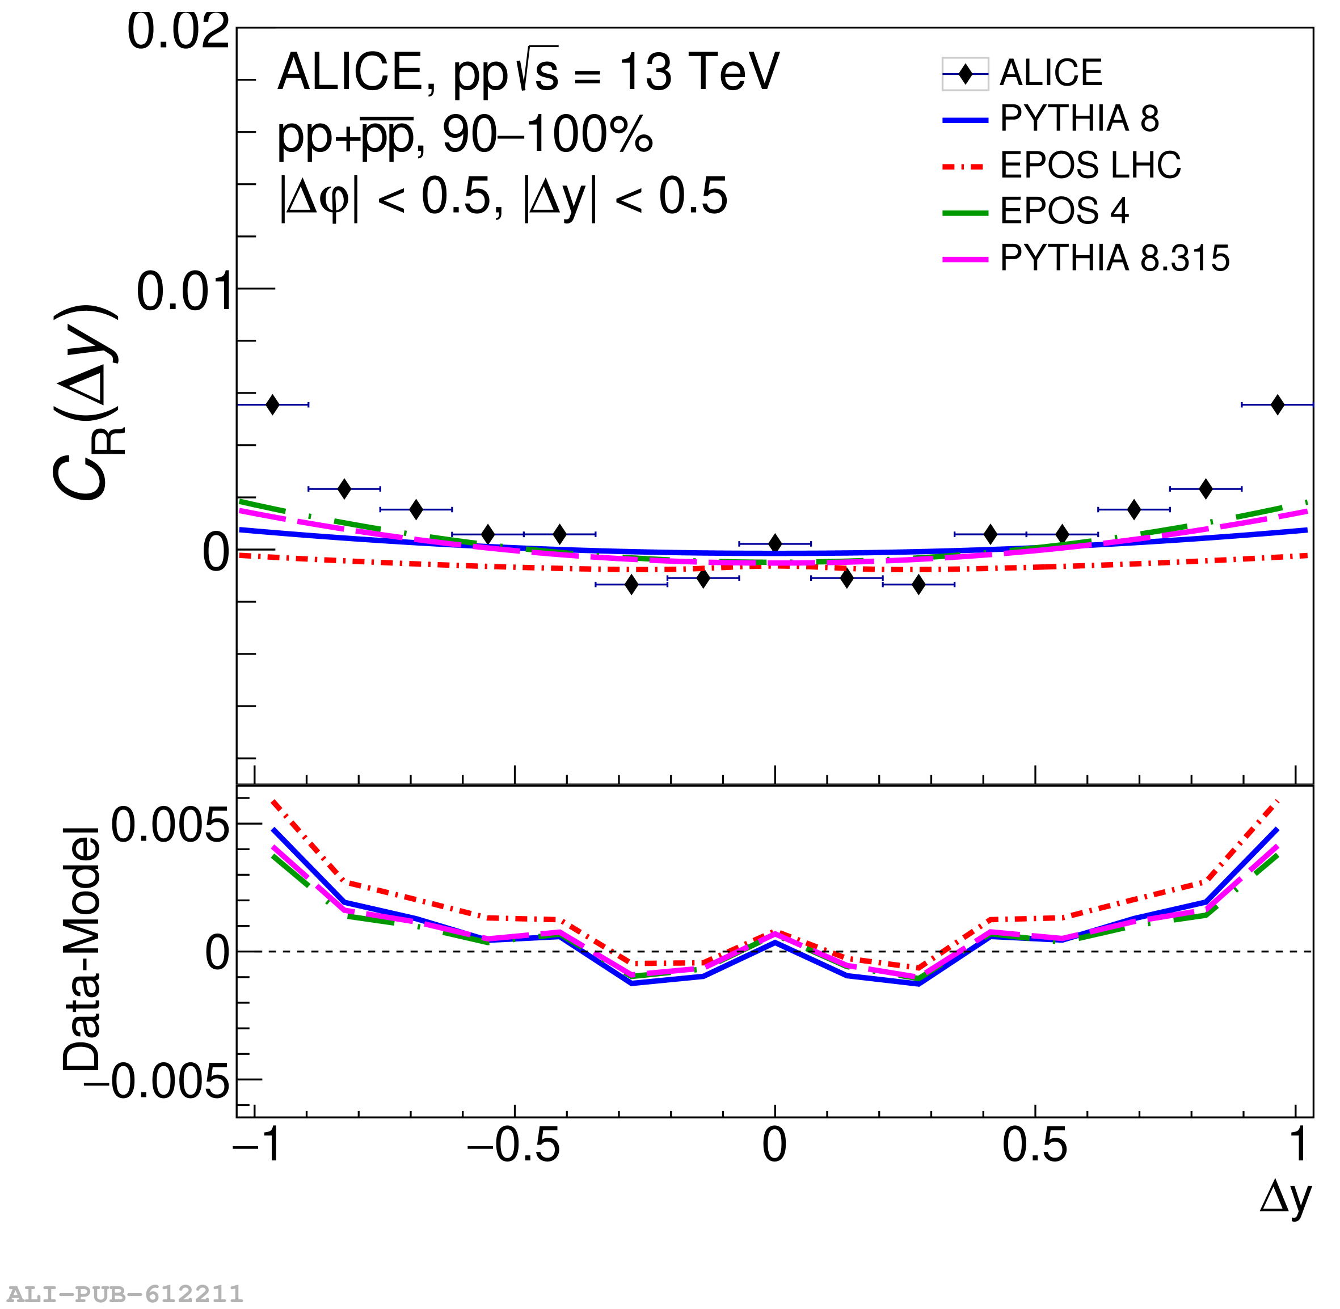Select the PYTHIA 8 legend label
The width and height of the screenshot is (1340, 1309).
point(1080,119)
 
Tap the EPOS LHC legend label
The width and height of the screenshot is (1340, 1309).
point(1090,165)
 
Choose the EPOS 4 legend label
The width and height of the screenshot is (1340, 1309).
point(1064,210)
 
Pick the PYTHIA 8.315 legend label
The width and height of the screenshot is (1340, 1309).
point(1114,259)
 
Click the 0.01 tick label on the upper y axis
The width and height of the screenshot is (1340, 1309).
point(182,292)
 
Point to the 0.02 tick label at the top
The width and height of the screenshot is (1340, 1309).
point(178,32)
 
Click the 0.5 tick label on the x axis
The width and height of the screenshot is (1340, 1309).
point(1034,1146)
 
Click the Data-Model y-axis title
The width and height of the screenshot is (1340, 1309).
point(81,949)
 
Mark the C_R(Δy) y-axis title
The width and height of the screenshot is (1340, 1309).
point(86,402)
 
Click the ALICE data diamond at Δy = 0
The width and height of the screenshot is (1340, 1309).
point(775,544)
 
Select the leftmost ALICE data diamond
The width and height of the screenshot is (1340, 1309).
point(272,405)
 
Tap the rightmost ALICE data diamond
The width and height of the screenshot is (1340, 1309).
point(1277,405)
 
